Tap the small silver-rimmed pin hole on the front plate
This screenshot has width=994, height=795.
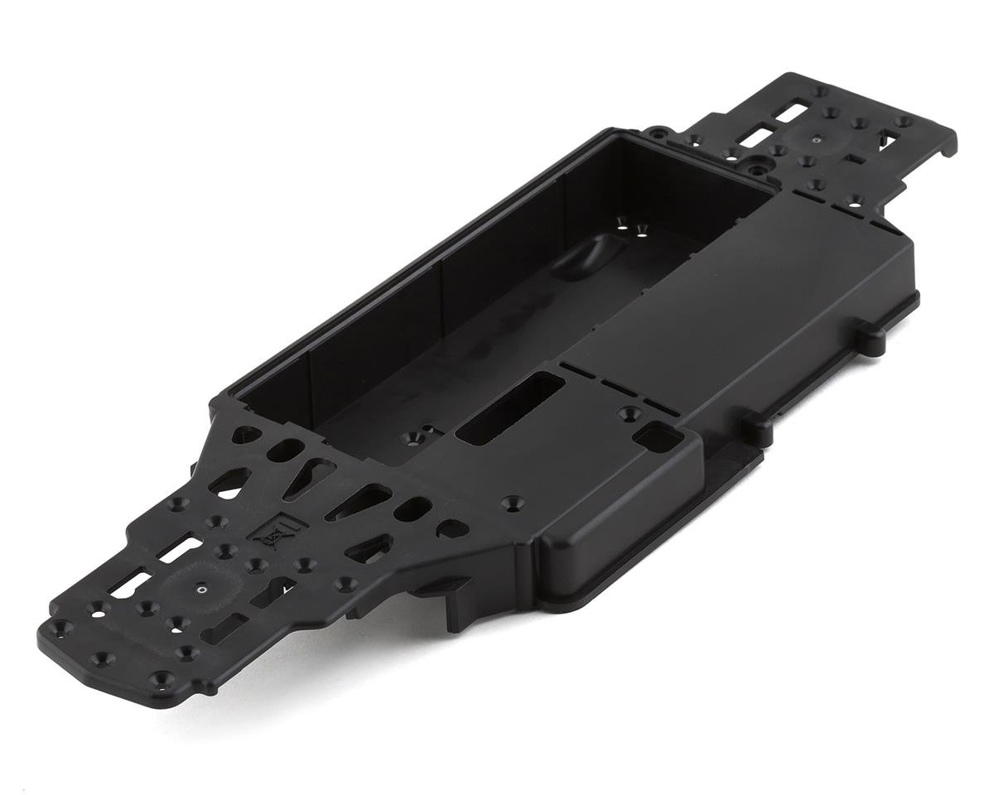point(202,590)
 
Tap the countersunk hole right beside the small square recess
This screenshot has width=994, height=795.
point(625,412)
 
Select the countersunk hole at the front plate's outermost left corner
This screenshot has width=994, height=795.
point(62,629)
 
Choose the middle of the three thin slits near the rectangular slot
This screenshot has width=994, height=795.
point(614,387)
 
